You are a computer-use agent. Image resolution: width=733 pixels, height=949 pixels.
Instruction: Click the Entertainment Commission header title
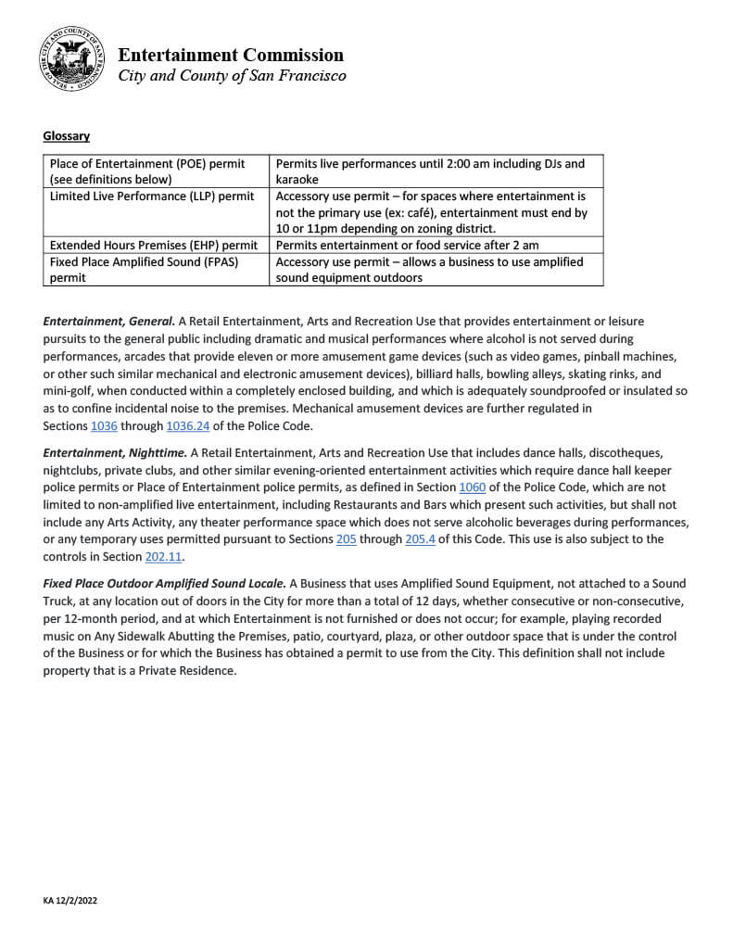click(230, 55)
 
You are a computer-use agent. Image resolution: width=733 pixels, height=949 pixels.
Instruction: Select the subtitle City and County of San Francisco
click(232, 76)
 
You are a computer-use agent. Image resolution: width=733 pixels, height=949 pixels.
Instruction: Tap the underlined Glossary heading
click(66, 136)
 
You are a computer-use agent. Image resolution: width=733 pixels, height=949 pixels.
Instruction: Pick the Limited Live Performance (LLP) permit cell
click(152, 196)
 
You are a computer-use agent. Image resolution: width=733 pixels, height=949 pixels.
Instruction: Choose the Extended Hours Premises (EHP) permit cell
click(154, 245)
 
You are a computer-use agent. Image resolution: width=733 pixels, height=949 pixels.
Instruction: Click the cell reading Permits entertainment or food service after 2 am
click(407, 245)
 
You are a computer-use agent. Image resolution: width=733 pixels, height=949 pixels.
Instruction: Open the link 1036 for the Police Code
click(104, 425)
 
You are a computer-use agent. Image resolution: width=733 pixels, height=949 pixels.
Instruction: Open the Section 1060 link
click(472, 487)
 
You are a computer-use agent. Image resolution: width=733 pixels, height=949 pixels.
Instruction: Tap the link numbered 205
click(346, 538)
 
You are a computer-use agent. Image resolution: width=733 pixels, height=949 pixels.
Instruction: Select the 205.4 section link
click(421, 538)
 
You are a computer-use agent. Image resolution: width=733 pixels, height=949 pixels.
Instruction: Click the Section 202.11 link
click(165, 556)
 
